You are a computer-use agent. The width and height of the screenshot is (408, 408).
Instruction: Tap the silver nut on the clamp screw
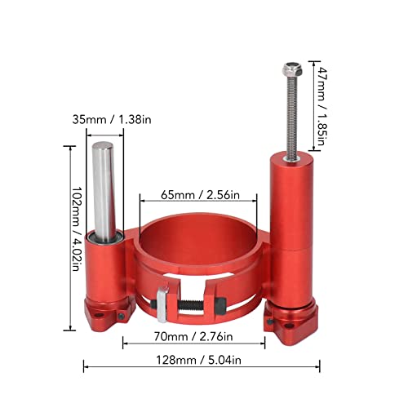point(163,305)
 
